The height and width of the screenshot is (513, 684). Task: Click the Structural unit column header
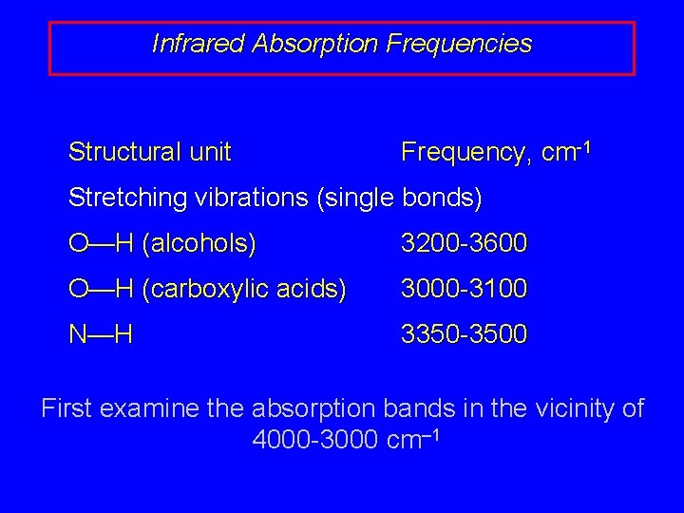[x=150, y=152]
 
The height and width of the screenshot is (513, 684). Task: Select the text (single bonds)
[x=401, y=199]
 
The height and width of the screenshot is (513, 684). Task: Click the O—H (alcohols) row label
[x=162, y=244]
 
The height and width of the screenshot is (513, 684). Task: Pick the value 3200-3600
[x=464, y=244]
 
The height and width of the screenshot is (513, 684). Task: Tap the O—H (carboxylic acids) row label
[x=207, y=289]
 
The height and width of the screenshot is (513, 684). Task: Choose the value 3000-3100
[x=464, y=289]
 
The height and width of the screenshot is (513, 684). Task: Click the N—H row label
[x=100, y=334]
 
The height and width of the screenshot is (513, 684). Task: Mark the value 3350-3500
[x=464, y=334]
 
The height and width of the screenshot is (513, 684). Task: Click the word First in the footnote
[x=66, y=409]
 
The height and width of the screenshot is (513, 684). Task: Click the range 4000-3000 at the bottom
[x=317, y=441]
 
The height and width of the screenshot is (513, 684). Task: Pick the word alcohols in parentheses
[x=199, y=244]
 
